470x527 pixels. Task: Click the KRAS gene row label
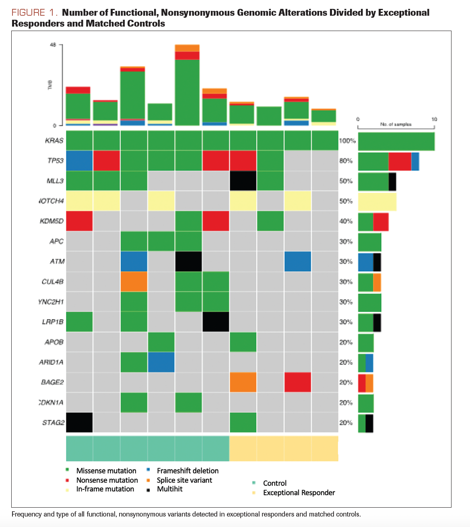click(x=54, y=141)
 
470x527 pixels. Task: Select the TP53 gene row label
click(x=55, y=161)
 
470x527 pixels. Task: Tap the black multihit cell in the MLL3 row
click(x=243, y=181)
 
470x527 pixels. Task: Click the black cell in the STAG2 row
click(x=79, y=422)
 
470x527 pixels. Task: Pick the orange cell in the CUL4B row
click(x=134, y=281)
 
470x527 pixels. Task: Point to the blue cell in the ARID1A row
click(x=161, y=362)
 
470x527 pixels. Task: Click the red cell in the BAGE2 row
click(x=297, y=382)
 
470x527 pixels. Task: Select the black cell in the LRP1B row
click(x=216, y=322)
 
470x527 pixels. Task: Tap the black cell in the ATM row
click(x=188, y=261)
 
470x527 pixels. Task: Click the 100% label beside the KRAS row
click(x=347, y=141)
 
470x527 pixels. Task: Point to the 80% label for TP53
click(x=346, y=161)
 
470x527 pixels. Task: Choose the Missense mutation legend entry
click(x=106, y=471)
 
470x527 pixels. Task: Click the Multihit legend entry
click(x=169, y=489)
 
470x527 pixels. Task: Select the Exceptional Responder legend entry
click(x=299, y=492)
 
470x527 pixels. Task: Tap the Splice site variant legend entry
click(x=184, y=480)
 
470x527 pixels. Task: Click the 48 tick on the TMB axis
click(x=53, y=45)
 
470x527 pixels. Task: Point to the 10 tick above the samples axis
click(x=434, y=119)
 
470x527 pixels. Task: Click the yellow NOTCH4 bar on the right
click(x=377, y=201)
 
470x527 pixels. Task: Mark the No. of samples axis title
click(x=396, y=124)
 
